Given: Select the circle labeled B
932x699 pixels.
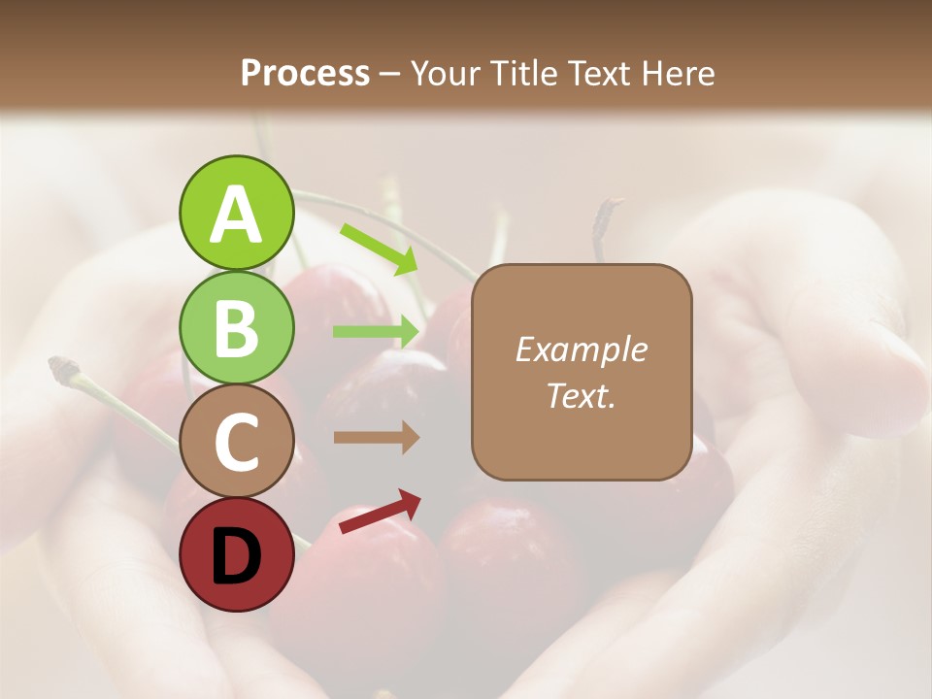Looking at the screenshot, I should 236,328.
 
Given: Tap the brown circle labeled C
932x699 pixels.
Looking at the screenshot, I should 236,441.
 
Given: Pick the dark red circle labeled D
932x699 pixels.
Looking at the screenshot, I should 236,554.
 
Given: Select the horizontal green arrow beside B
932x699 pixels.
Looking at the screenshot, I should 377,331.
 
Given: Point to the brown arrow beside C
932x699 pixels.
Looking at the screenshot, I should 377,438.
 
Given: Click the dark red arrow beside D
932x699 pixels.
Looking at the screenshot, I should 380,513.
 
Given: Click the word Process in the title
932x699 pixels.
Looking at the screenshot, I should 305,74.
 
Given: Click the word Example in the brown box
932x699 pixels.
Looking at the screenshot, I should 581,349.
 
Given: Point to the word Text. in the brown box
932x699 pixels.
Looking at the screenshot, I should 581,395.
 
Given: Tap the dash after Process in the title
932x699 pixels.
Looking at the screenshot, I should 389,75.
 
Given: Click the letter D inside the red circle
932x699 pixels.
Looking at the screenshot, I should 236,556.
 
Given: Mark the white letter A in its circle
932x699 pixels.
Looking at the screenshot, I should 236,214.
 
